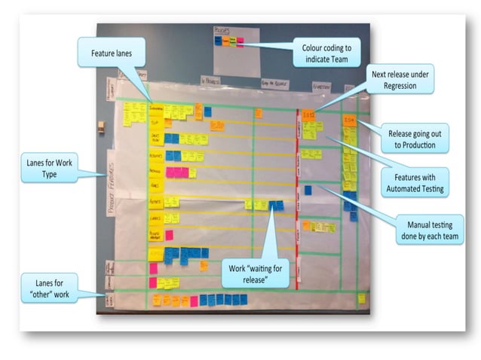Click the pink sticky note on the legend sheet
click(239, 41)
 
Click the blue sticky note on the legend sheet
click(218, 41)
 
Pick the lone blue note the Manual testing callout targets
click(308, 190)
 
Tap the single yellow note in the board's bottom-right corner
click(361, 298)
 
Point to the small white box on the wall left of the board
click(101, 126)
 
